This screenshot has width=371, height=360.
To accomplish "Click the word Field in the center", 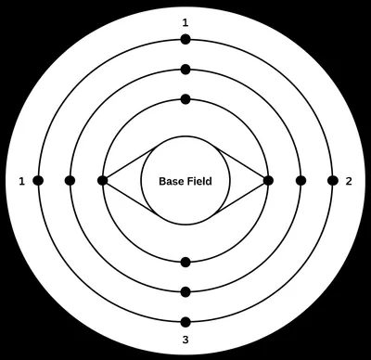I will click(198, 181).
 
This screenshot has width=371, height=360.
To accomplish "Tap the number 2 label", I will click(348, 180).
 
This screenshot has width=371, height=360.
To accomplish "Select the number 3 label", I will click(185, 341).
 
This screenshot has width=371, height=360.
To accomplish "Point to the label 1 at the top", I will click(185, 21).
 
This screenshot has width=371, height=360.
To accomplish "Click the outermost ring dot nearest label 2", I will click(332, 180).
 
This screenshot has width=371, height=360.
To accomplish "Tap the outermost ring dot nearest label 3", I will click(185, 322).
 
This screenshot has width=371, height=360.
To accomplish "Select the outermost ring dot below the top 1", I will click(185, 39).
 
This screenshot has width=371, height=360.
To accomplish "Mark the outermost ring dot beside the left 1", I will click(38, 180).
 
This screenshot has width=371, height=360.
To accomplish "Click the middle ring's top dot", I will click(185, 70).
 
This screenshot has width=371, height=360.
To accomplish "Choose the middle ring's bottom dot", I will click(185, 291).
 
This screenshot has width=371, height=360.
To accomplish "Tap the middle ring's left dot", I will click(70, 180).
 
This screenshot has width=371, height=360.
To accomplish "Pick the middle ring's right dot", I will click(301, 180).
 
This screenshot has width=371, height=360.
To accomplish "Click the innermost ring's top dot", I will click(185, 99).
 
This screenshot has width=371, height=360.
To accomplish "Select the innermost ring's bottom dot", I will click(185, 262).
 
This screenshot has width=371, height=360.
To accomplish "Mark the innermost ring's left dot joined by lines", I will click(102, 180).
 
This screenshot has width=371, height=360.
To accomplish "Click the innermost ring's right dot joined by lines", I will click(268, 180).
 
